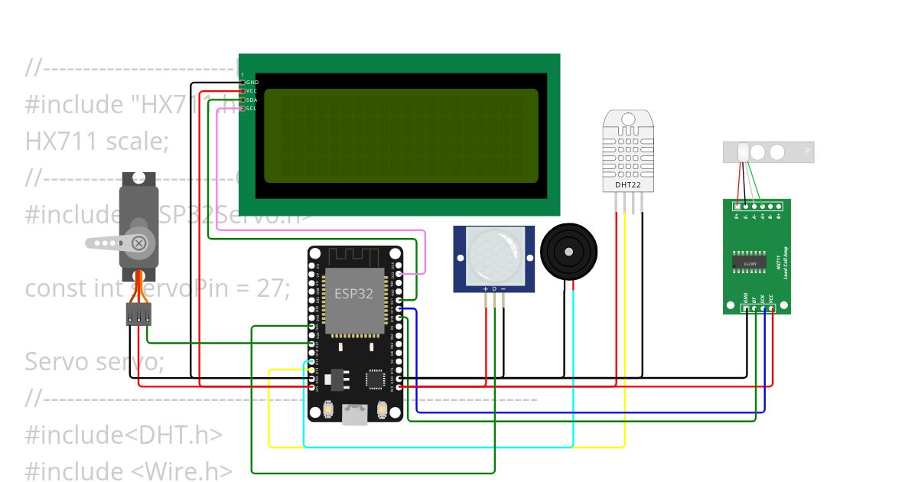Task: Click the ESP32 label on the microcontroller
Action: click(x=354, y=294)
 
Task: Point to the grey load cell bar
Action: click(x=768, y=152)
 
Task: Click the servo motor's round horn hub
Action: click(x=138, y=243)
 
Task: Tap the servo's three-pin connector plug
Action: click(x=138, y=314)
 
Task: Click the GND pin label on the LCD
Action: click(x=252, y=82)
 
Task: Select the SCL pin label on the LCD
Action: click(x=251, y=109)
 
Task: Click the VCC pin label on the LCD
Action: click(x=252, y=91)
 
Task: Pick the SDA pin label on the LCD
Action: click(x=252, y=100)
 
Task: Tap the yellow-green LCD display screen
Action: click(x=401, y=136)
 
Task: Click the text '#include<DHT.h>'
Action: click(x=124, y=435)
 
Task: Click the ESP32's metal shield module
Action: click(x=354, y=301)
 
